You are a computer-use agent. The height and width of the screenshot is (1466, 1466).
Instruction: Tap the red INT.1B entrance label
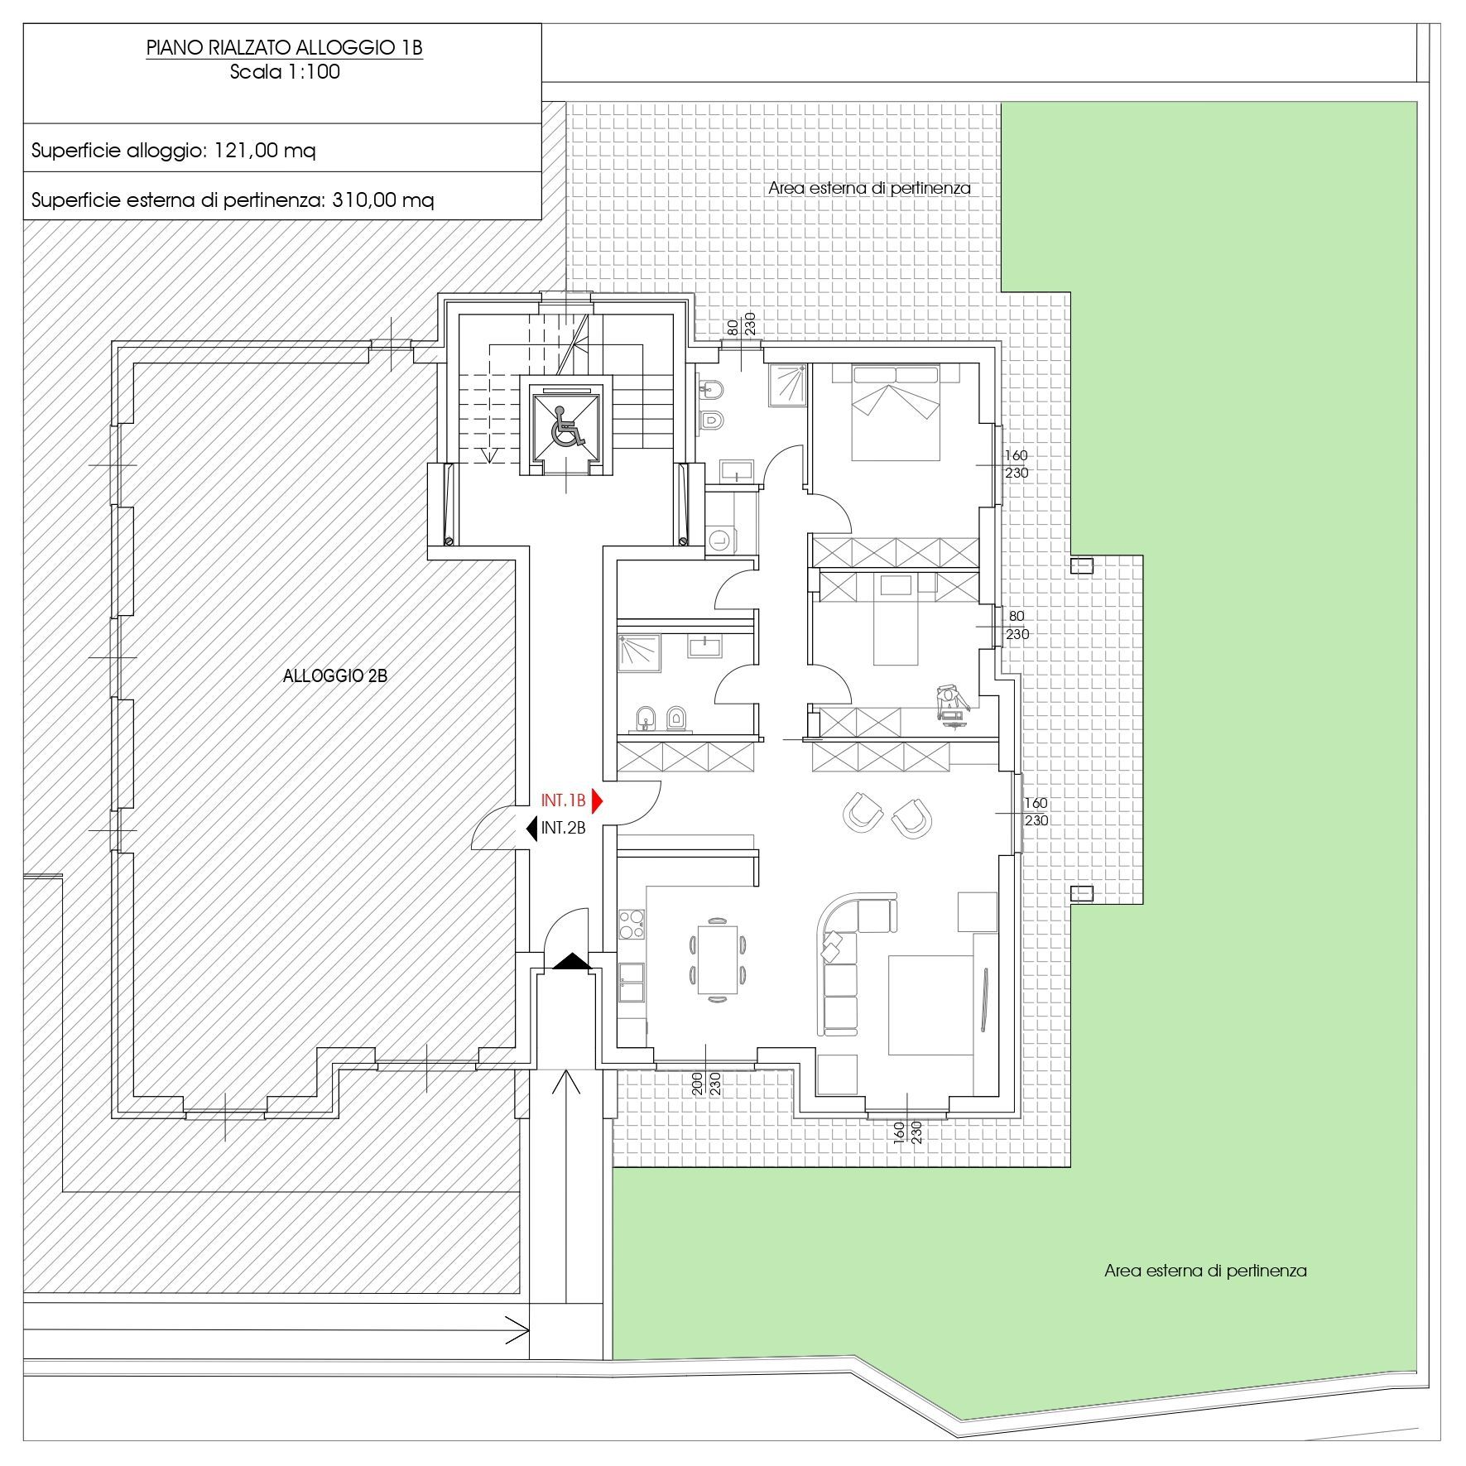(x=563, y=800)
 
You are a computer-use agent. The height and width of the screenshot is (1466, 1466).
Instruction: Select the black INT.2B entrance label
(x=564, y=827)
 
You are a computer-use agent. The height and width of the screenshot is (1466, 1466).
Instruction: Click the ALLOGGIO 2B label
(x=335, y=675)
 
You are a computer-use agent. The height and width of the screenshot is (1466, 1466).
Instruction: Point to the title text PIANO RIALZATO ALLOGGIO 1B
(x=285, y=48)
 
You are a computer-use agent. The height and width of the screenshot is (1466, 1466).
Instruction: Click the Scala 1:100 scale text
(x=285, y=71)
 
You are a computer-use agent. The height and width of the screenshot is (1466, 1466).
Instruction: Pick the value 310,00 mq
(x=382, y=200)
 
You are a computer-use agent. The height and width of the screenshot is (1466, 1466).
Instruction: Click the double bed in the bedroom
(x=896, y=414)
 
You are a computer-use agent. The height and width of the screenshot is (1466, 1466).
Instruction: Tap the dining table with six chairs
(x=717, y=958)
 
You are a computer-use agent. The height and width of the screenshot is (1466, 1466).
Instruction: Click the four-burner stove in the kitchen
(x=632, y=924)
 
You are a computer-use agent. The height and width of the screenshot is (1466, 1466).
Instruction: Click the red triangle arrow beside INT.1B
(x=598, y=800)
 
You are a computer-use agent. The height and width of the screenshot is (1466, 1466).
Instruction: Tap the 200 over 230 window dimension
(x=706, y=1084)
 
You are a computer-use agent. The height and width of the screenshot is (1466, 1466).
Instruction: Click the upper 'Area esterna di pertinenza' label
(x=869, y=188)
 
